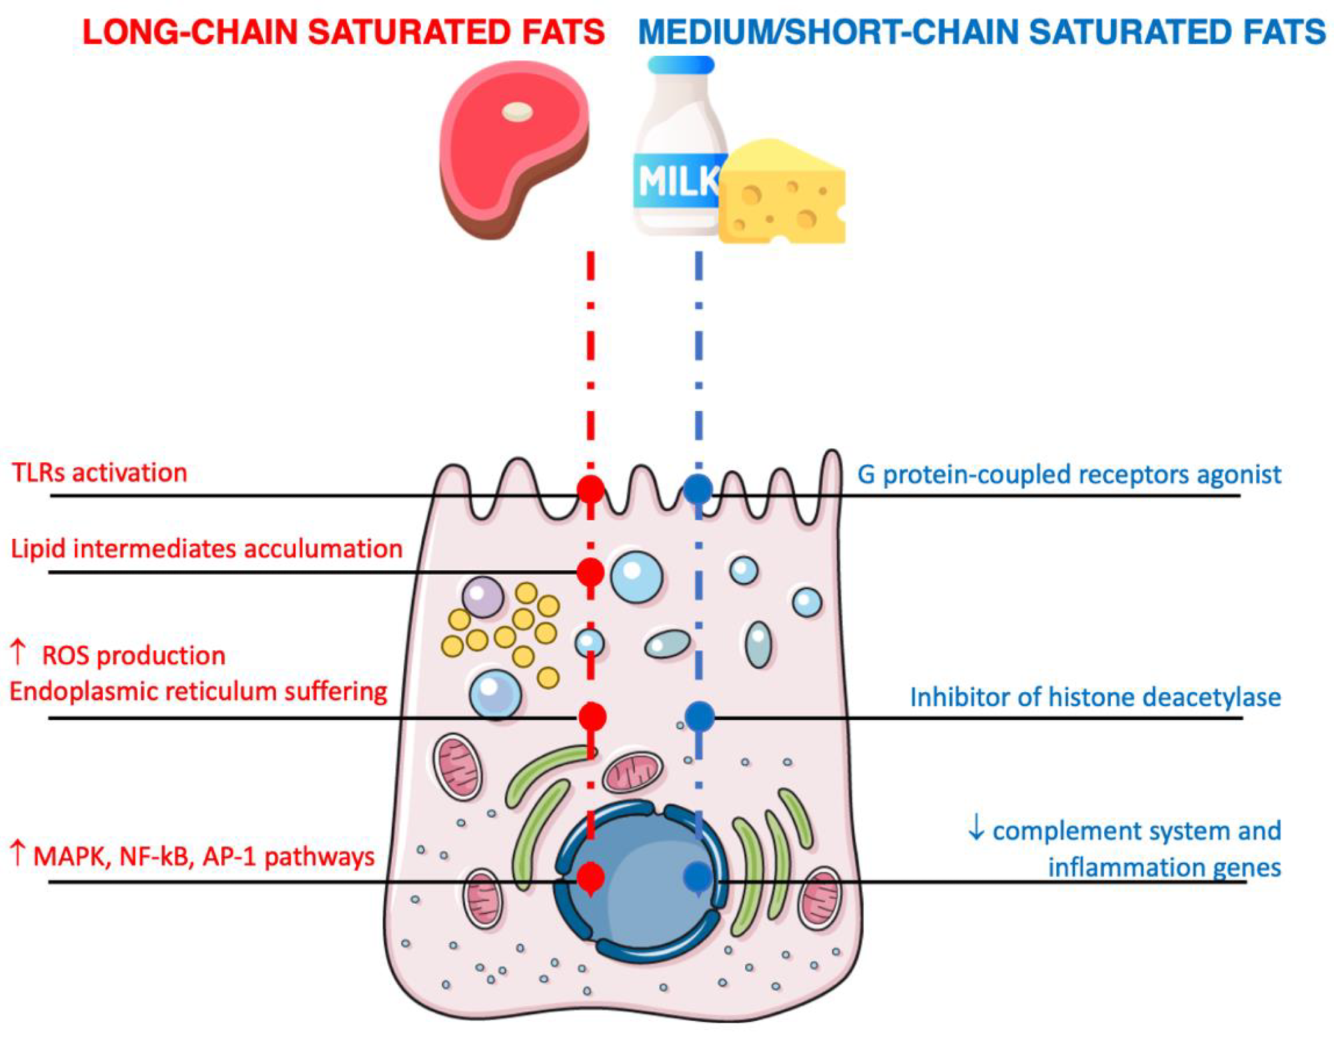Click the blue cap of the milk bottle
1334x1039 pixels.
680,65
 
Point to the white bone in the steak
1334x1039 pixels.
518,112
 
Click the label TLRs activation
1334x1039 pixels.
99,473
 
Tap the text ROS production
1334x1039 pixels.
133,655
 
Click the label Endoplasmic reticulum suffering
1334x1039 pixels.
198,691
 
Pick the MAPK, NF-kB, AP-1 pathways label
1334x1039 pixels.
203,856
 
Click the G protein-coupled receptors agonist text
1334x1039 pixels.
1069,475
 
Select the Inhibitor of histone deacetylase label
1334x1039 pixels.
1095,697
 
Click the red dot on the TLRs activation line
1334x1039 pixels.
590,490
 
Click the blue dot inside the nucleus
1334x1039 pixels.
698,876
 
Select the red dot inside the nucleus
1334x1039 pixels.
590,878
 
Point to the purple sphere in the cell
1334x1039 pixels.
483,596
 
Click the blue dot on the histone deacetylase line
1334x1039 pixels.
699,716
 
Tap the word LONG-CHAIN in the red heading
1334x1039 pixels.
189,32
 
